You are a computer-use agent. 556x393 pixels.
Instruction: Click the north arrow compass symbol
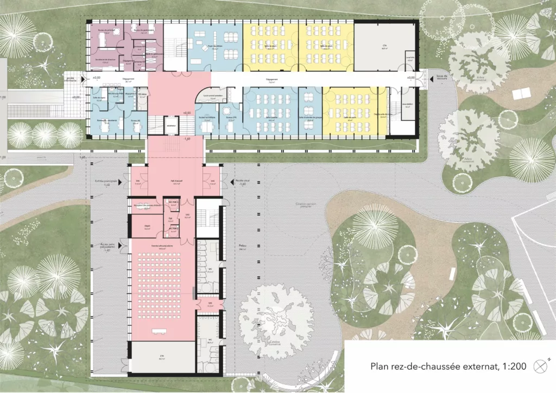[x=540, y=366]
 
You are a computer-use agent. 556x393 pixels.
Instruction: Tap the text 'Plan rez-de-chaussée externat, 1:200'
[x=448, y=366]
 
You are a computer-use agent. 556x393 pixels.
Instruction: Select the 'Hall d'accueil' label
[x=175, y=182]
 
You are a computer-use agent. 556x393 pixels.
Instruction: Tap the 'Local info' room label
[x=410, y=57]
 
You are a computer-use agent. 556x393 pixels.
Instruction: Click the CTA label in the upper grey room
[x=383, y=47]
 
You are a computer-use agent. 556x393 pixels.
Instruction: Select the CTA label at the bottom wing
[x=162, y=357]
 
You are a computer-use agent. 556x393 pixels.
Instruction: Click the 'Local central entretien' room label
[x=209, y=96]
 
